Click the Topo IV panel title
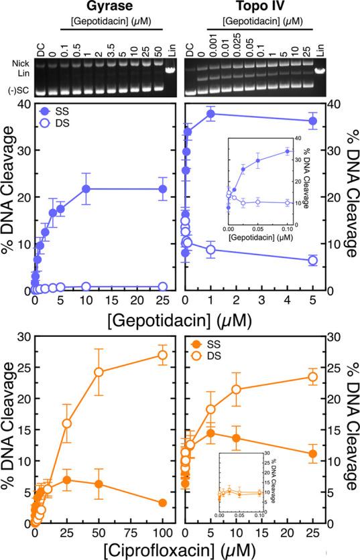[x=255, y=6]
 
